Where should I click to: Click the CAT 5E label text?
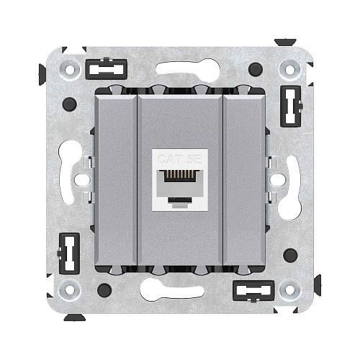click(179, 159)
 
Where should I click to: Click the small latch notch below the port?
click(180, 199)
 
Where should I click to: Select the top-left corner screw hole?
click(70, 70)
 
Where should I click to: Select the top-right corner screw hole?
click(289, 70)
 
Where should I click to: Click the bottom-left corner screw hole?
click(70, 289)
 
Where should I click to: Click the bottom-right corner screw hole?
click(289, 289)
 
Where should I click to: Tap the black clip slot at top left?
click(107, 69)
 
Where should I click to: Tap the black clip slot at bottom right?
click(253, 290)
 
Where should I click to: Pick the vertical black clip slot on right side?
click(291, 107)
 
